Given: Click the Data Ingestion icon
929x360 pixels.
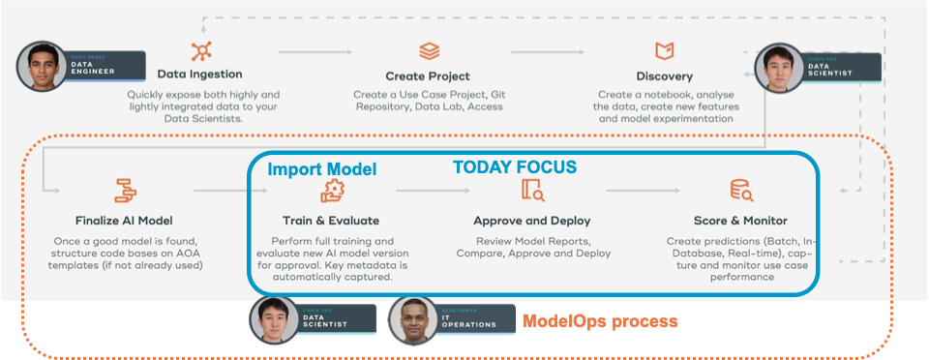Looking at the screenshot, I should tap(200, 50).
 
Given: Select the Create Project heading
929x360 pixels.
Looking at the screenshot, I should tap(428, 75).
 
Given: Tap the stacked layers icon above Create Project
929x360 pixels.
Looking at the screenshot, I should tap(428, 50).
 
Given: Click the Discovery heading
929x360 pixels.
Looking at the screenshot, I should tap(664, 75).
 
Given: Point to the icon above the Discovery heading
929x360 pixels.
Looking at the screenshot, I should tap(664, 50).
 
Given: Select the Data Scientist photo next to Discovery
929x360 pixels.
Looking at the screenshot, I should tap(779, 68).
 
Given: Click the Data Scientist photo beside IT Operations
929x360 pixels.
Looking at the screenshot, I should tap(274, 319).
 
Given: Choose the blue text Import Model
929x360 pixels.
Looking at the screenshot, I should tap(321, 169).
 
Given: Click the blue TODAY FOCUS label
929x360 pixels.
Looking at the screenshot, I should tap(515, 167).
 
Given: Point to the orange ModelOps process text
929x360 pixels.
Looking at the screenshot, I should tap(600, 319).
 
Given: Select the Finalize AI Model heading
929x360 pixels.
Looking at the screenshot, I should tap(125, 220).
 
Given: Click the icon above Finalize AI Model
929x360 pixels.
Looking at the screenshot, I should tap(125, 190).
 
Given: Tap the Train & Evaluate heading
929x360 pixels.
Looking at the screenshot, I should tap(331, 220).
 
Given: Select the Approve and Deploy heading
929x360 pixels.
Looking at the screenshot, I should tap(531, 220).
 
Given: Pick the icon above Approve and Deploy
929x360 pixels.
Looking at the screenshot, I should tap(532, 190).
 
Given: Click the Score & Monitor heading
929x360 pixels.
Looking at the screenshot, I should tap(740, 220).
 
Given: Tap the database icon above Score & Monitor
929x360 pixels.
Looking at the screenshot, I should tap(741, 190).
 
